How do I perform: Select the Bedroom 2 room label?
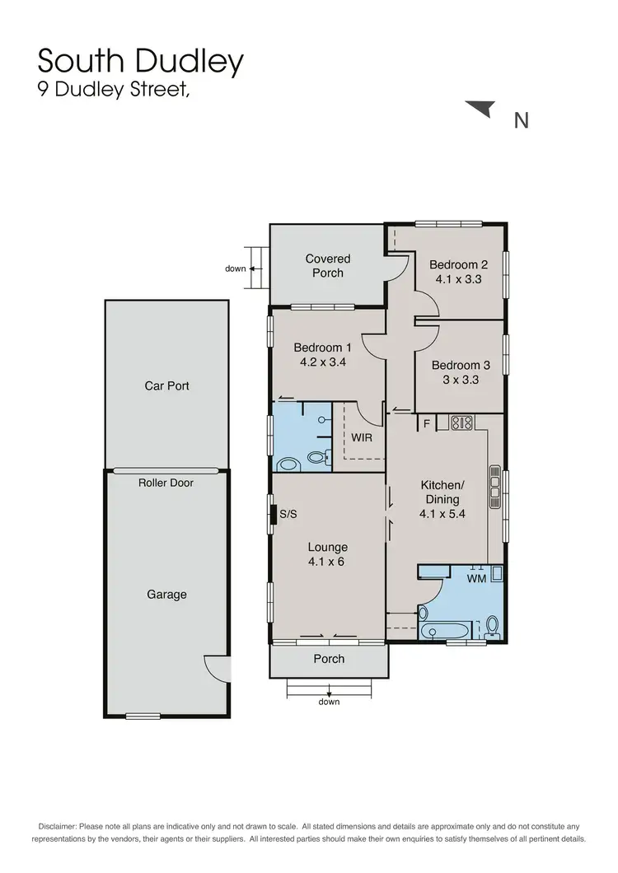[459, 264]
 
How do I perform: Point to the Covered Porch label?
[328, 265]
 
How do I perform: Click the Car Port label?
[167, 385]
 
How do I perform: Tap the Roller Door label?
[166, 483]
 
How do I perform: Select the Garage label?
[166, 594]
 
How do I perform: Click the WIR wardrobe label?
[362, 437]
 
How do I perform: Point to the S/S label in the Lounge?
[288, 514]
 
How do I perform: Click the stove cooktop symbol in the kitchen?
[461, 423]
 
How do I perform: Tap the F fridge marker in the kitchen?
[427, 424]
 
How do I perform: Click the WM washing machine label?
[476, 579]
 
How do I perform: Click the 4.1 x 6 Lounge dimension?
[328, 562]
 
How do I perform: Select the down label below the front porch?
[329, 702]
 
